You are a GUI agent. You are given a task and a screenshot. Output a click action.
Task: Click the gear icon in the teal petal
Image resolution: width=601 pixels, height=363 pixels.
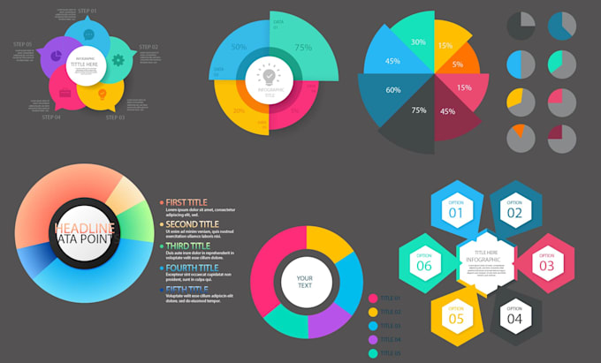click(118, 61)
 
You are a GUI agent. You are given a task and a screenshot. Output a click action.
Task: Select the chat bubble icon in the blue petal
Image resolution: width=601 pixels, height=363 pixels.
click(88, 34)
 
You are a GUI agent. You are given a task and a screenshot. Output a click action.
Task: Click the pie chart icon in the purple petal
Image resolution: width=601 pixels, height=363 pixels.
click(54, 55)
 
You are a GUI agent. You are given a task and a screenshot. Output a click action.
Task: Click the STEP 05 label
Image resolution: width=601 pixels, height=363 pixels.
click(23, 44)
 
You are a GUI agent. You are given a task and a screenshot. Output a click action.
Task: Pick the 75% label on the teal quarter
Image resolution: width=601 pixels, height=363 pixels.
click(303, 48)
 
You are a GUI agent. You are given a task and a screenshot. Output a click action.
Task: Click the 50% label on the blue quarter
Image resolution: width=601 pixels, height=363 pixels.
click(240, 47)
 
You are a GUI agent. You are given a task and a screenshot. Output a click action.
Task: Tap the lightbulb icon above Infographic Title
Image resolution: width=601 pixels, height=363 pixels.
click(270, 77)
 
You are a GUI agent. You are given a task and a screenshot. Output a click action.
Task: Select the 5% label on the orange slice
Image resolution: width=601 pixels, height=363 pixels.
click(458, 64)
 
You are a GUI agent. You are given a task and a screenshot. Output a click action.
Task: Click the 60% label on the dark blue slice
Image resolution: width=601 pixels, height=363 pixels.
click(392, 90)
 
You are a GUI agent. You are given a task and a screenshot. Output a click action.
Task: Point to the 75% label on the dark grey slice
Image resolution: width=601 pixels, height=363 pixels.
click(419, 110)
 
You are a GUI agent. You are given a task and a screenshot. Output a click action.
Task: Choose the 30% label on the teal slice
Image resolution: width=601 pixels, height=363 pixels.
click(418, 42)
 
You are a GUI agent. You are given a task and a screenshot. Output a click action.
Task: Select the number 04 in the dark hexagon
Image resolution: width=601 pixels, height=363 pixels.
click(514, 318)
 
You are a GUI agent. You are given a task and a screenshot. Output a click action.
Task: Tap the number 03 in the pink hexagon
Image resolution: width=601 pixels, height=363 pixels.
click(546, 265)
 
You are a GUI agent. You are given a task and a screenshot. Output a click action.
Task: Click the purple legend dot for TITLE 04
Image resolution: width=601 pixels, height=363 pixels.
click(373, 339)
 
